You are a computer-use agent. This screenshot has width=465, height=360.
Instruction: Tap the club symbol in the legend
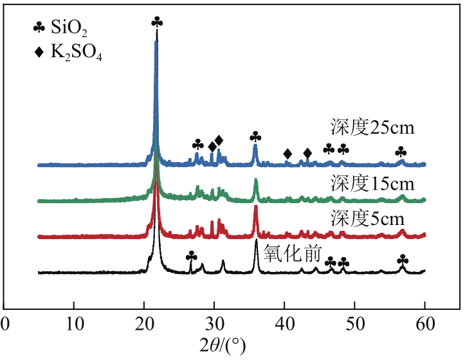click(40, 28)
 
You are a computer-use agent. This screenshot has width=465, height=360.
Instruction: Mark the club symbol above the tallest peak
click(156, 22)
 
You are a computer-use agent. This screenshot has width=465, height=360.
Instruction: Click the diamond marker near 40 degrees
click(287, 154)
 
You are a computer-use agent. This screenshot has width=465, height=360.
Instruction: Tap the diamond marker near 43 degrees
click(307, 152)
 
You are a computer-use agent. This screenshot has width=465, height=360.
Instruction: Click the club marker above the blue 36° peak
click(255, 137)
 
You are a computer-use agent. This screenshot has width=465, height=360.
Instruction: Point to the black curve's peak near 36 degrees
click(256, 240)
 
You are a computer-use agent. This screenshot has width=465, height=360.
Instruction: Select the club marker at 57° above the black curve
click(403, 259)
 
